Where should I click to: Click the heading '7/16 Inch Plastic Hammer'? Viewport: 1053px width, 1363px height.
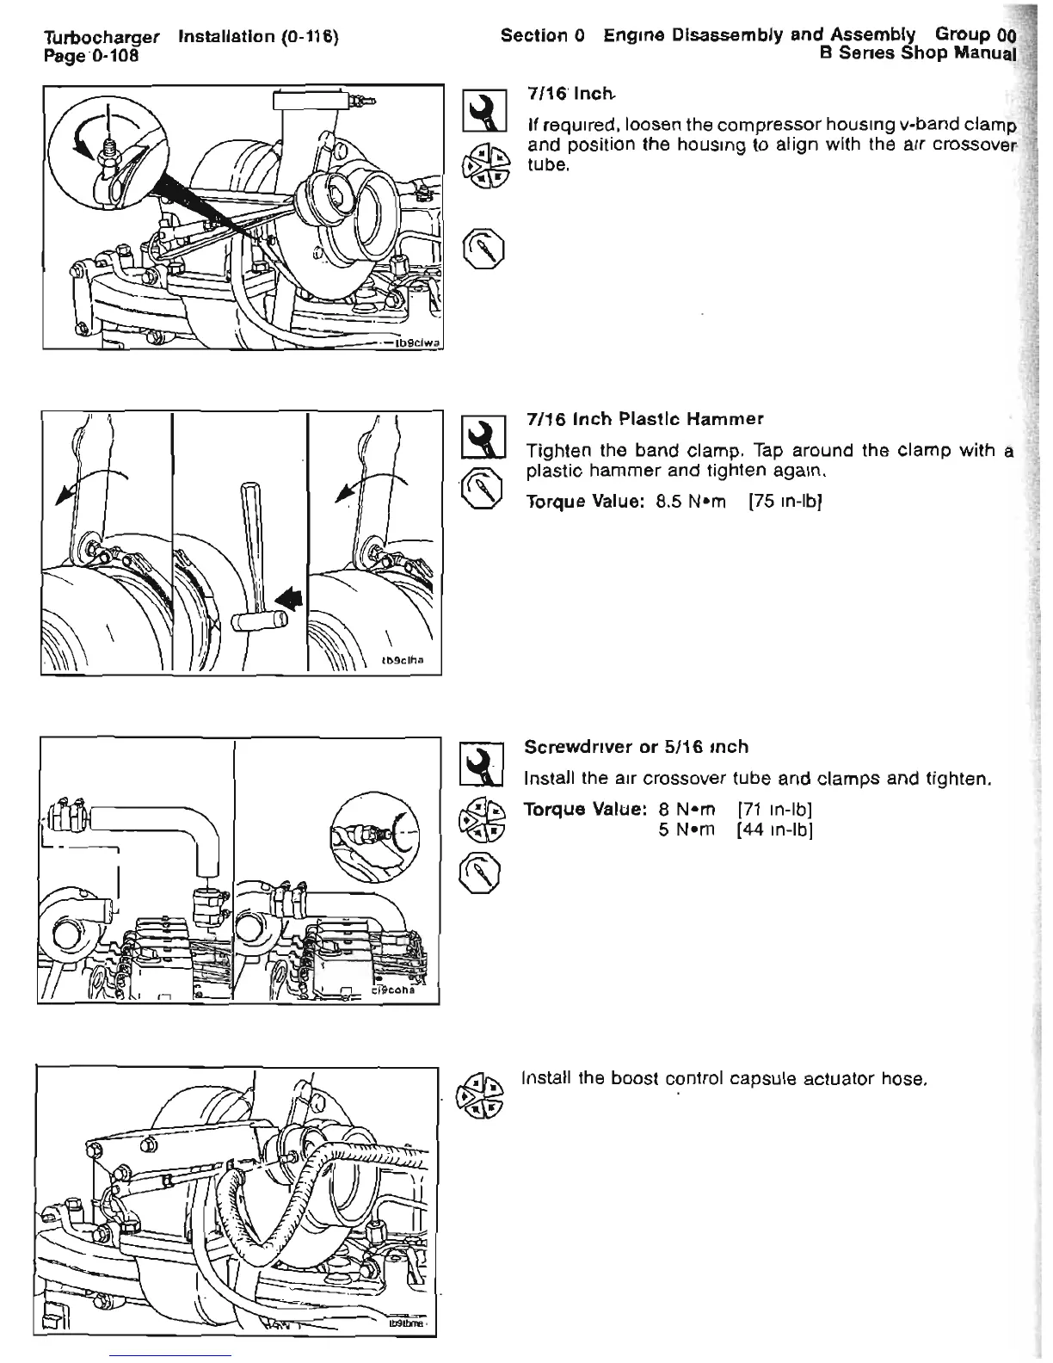(644, 419)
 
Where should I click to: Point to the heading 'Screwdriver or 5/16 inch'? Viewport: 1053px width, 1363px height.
(637, 747)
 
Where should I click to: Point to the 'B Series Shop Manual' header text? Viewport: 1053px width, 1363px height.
(916, 53)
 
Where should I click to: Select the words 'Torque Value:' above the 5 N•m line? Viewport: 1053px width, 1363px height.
(585, 810)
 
